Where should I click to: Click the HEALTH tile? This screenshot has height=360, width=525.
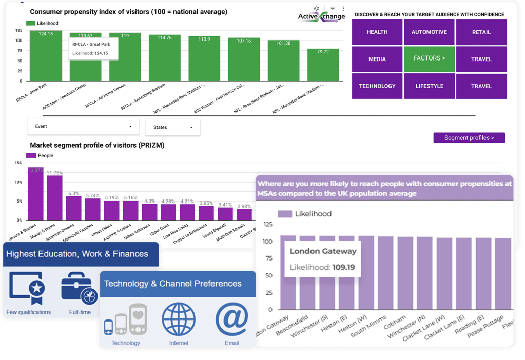tap(377, 32)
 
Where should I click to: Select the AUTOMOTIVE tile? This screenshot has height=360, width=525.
tap(429, 32)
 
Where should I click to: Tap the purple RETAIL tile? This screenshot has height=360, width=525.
tap(481, 32)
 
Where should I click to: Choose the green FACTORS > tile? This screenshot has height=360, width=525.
tap(429, 58)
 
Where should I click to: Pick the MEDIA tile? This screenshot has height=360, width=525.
tap(377, 59)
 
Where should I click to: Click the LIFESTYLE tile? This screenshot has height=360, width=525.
tap(429, 86)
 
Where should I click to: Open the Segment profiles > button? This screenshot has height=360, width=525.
tap(469, 138)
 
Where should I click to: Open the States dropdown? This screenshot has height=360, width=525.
tap(172, 127)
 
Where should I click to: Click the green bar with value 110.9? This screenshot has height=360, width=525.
tap(204, 58)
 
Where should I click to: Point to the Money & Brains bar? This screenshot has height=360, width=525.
tap(54, 197)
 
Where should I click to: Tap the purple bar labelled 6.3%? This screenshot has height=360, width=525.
tap(73, 208)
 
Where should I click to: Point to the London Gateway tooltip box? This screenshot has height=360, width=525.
tap(323, 259)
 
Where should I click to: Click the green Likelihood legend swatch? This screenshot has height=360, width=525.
tap(30, 23)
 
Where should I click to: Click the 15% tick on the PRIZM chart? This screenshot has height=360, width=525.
tap(18, 163)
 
